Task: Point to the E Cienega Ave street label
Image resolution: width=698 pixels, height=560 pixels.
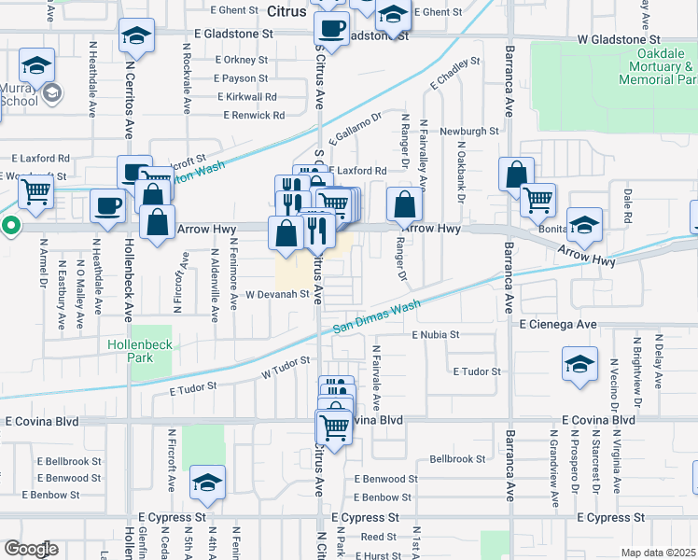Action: pos(558,324)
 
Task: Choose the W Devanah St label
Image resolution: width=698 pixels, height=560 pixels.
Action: pos(276,294)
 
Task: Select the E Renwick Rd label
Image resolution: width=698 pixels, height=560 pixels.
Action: pos(254,115)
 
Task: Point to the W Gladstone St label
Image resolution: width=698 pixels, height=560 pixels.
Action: pos(618,40)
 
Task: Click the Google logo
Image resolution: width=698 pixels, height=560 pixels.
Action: pos(31,549)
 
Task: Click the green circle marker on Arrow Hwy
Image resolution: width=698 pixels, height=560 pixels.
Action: pos(10,224)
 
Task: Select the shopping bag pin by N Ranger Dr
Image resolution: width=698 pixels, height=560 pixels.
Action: pos(403,203)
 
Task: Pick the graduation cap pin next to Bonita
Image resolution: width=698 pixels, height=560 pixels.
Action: pos(584,224)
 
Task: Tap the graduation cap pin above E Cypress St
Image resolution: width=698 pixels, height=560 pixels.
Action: pos(207,483)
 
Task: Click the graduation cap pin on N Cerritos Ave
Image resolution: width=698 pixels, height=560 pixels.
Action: pos(137,36)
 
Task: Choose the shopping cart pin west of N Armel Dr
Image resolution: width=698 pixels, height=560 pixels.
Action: pos(35,192)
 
